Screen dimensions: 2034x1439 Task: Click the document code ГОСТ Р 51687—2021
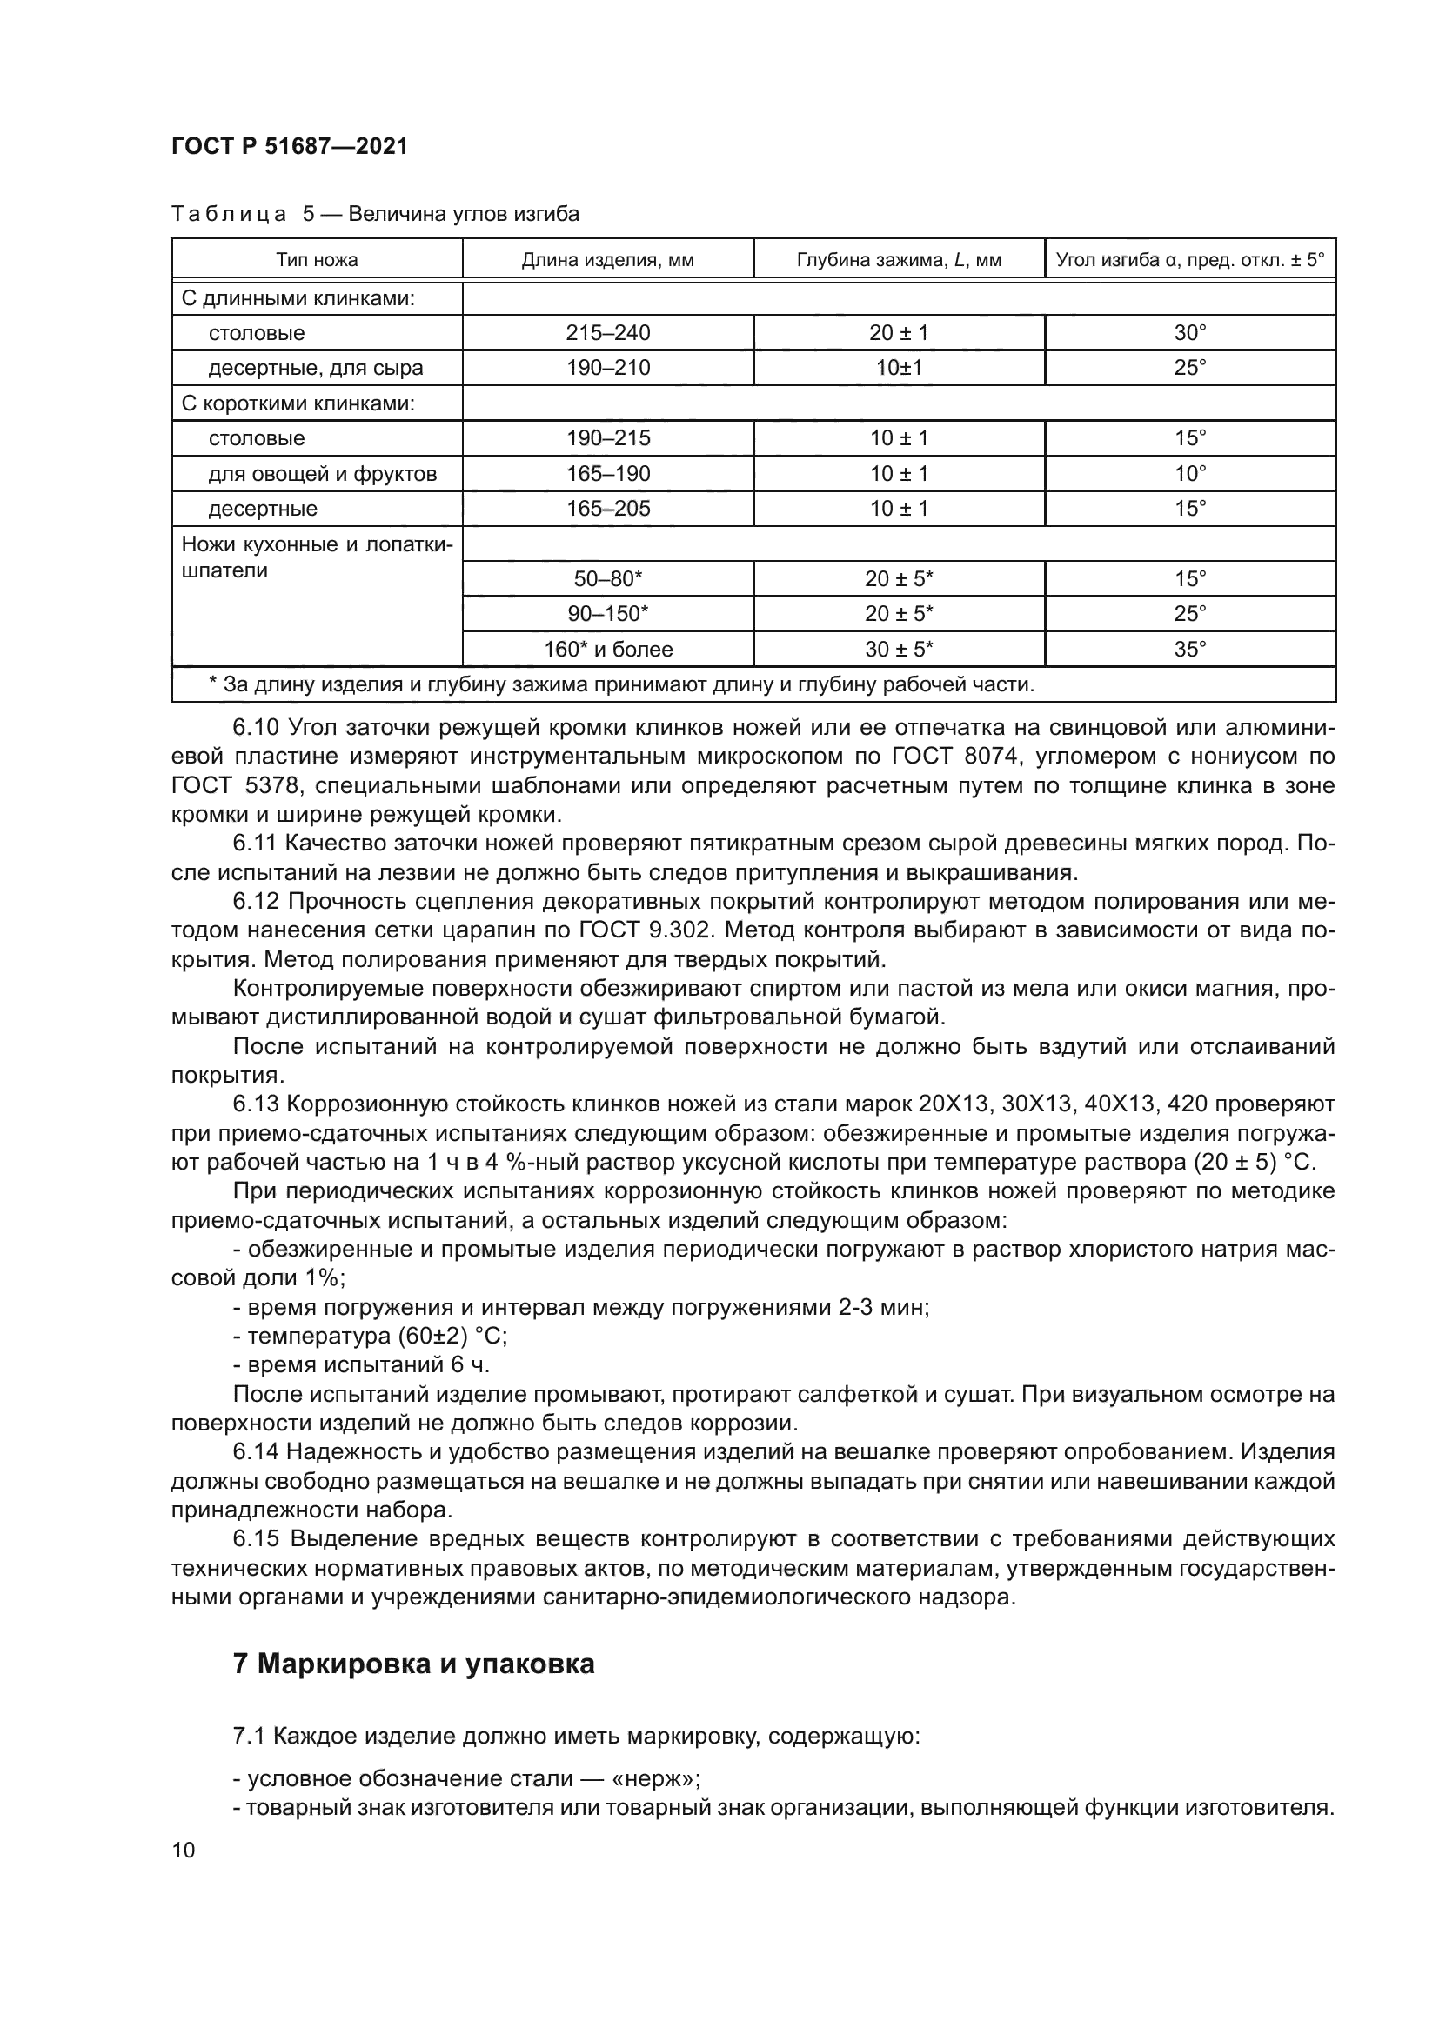pyautogui.click(x=290, y=146)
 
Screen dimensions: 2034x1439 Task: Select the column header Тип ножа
pyautogui.click(x=317, y=259)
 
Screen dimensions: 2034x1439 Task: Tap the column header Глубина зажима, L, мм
pyautogui.click(x=899, y=259)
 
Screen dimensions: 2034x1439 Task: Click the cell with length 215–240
pyautogui.click(x=608, y=333)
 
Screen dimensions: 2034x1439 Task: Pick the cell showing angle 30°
pyautogui.click(x=1190, y=333)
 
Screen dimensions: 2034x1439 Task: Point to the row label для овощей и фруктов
pyautogui.click(x=323, y=474)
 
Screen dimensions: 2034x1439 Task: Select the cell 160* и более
pyautogui.click(x=608, y=650)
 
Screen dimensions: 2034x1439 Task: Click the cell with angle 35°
pyautogui.click(x=1190, y=650)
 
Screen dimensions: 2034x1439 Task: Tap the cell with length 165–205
pyautogui.click(x=608, y=509)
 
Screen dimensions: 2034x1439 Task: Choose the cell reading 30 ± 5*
pyautogui.click(x=899, y=650)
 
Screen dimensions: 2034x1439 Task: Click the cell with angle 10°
pyautogui.click(x=1190, y=474)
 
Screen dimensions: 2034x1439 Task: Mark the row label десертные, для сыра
pyautogui.click(x=316, y=368)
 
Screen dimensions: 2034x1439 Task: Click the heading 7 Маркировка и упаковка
pyautogui.click(x=414, y=1664)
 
